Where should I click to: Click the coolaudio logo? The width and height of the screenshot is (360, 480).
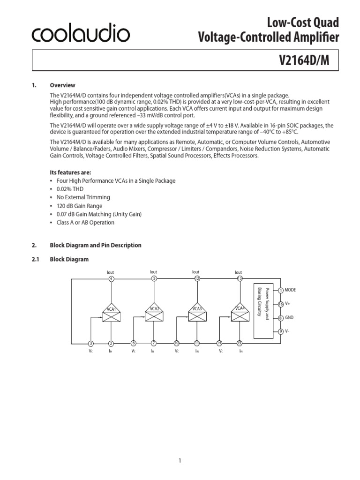click(x=81, y=33)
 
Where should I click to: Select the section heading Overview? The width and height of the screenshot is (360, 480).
click(x=62, y=85)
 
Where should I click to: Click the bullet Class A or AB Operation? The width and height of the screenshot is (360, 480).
click(x=85, y=223)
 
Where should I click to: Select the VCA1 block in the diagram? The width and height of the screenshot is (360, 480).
click(x=111, y=314)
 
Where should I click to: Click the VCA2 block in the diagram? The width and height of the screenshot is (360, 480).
click(x=154, y=314)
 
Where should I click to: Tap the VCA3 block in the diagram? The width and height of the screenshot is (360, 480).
click(x=197, y=314)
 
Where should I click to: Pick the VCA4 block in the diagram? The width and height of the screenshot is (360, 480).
click(x=240, y=314)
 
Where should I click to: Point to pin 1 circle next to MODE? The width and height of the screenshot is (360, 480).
click(x=281, y=290)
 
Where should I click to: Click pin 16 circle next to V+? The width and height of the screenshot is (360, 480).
click(x=281, y=304)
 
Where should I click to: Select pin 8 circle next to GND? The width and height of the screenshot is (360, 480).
click(x=281, y=318)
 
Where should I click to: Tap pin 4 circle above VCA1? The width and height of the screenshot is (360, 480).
click(x=111, y=279)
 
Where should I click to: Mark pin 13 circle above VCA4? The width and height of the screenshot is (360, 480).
click(x=240, y=279)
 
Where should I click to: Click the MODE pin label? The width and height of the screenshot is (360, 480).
click(x=291, y=290)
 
